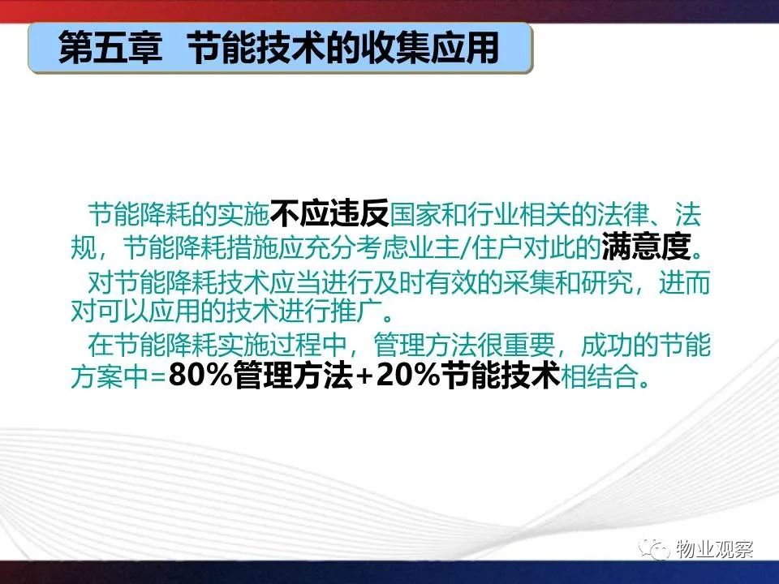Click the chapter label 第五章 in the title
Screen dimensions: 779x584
(x=110, y=48)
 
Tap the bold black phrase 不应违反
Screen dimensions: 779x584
(x=329, y=214)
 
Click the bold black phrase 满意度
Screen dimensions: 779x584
(x=647, y=247)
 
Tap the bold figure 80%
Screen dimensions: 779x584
(x=200, y=376)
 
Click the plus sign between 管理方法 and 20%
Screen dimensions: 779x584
(x=364, y=377)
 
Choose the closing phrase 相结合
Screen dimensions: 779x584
(x=599, y=376)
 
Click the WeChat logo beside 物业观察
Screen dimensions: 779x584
(x=655, y=549)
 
